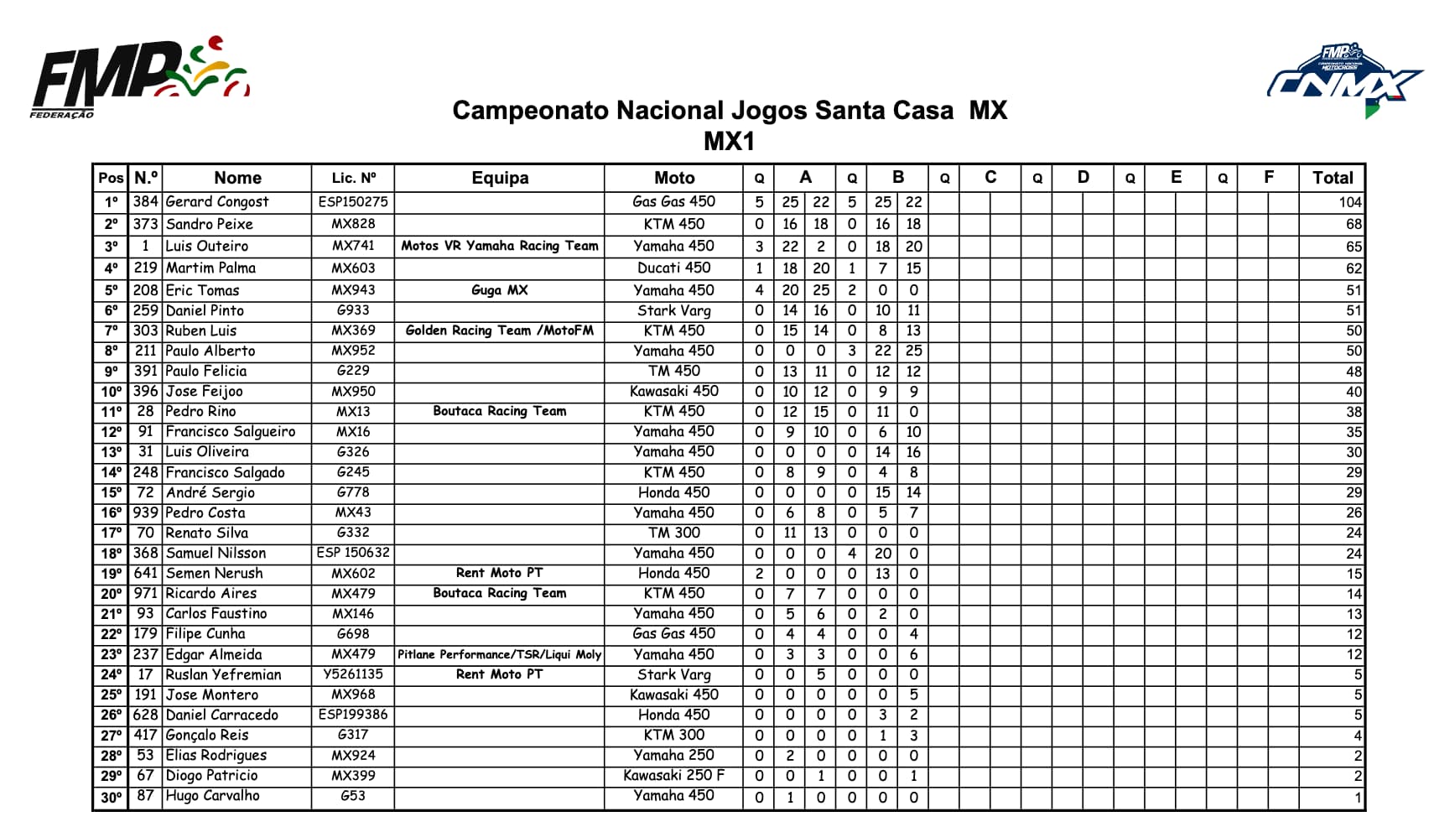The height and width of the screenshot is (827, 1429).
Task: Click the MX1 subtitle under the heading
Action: click(x=729, y=141)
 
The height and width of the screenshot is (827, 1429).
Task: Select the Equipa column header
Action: click(x=500, y=178)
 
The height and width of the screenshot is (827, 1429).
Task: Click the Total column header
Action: click(x=1332, y=178)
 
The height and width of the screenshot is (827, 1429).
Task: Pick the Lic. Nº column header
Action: click(x=353, y=178)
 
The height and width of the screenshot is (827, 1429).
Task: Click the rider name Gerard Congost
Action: click(x=217, y=202)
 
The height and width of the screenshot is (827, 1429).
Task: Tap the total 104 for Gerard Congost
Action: click(x=1349, y=202)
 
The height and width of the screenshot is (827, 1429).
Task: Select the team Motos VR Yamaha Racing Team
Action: click(x=500, y=246)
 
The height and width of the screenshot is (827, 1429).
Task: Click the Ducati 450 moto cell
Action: click(x=673, y=268)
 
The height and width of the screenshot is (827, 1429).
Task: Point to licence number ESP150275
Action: click(x=353, y=202)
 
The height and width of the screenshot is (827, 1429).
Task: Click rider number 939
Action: click(x=145, y=512)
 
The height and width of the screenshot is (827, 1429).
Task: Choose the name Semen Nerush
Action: click(x=214, y=573)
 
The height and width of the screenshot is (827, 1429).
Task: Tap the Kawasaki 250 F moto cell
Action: click(x=673, y=775)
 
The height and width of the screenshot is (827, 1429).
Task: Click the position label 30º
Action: click(x=111, y=797)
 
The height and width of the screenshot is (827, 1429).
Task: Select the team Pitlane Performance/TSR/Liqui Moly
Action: click(x=500, y=654)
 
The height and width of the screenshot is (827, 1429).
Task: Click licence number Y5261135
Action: click(x=353, y=674)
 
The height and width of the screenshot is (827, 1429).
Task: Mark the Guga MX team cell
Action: click(x=500, y=290)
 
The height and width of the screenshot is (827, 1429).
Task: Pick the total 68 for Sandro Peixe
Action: click(x=1354, y=224)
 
